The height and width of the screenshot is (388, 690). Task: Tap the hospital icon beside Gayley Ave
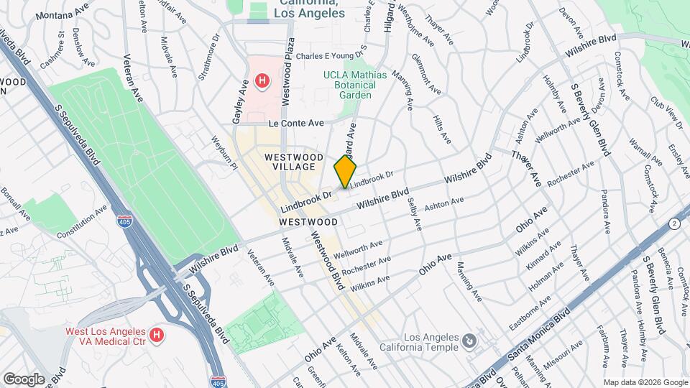coord(262,82)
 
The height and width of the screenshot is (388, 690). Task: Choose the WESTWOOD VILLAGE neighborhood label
coord(290,162)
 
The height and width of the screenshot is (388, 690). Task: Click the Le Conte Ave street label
coord(297,124)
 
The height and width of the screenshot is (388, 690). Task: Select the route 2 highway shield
coord(673,223)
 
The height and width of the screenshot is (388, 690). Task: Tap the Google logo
coord(24,379)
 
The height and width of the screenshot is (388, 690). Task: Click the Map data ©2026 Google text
coord(644,382)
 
